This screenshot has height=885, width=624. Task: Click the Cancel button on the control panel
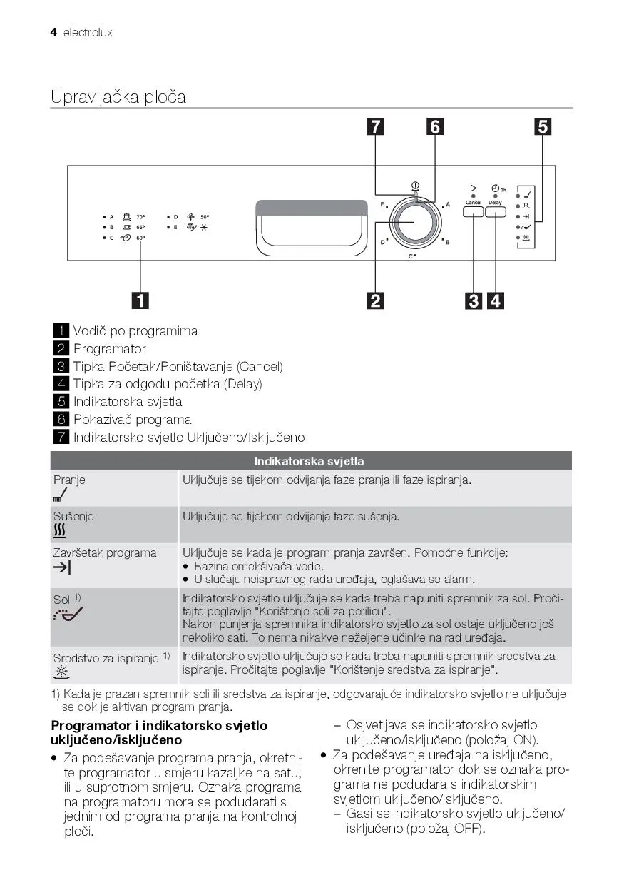[x=474, y=211]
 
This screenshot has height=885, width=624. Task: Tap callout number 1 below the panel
[x=140, y=300]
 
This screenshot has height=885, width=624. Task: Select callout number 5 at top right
[x=543, y=126]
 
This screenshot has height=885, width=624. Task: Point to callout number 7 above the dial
[x=375, y=126]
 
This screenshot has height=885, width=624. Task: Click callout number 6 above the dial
[x=434, y=126]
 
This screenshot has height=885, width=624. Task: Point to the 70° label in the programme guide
[x=140, y=216]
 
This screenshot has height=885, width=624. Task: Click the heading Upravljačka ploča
[x=118, y=96]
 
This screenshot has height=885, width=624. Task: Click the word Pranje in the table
[x=69, y=480]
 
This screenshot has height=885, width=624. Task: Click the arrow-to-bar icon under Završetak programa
[x=62, y=567]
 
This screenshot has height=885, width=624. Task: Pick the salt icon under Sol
[x=67, y=614]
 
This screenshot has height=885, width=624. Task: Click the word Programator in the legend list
[x=109, y=348]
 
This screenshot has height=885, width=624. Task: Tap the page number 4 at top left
[x=53, y=32]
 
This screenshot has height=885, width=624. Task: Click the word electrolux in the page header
[x=88, y=32]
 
